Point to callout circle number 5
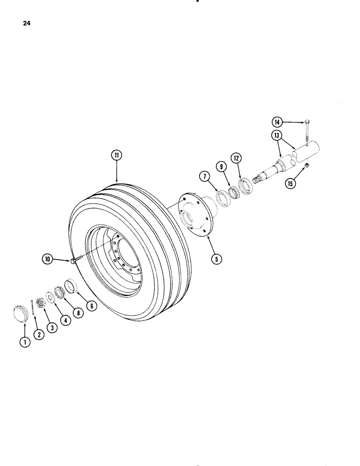pyautogui.click(x=216, y=259)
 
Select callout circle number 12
pyautogui.click(x=236, y=159)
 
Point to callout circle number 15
pyautogui.click(x=291, y=184)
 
